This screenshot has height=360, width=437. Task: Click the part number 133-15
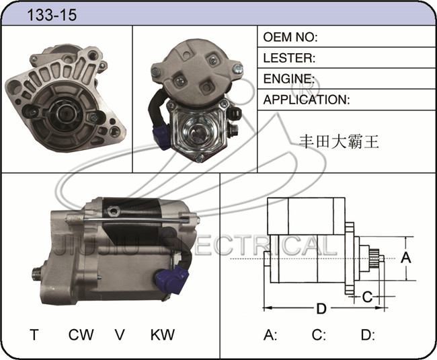[x=52, y=15]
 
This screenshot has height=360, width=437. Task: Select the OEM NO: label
[x=290, y=37]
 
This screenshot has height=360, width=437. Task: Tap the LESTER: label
[x=289, y=58]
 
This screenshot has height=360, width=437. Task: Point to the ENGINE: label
[x=289, y=79]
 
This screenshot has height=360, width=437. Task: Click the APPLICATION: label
[x=307, y=100]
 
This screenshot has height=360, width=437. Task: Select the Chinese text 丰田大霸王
[x=339, y=142]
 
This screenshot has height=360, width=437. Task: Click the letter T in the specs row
[x=34, y=334]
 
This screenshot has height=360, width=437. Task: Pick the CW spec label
[x=81, y=334]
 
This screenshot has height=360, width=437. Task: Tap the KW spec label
[x=163, y=334]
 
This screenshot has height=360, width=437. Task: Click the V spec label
[x=120, y=334]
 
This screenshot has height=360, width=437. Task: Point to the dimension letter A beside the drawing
[x=406, y=257]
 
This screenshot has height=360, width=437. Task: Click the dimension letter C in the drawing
[x=367, y=297]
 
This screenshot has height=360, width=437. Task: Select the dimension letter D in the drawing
[x=321, y=309]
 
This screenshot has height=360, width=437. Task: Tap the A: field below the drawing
[x=270, y=335]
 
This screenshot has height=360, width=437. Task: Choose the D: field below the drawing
[x=368, y=335]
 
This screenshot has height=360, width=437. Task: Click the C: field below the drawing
[x=319, y=335]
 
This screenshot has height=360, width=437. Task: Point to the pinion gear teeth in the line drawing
[x=374, y=259]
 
